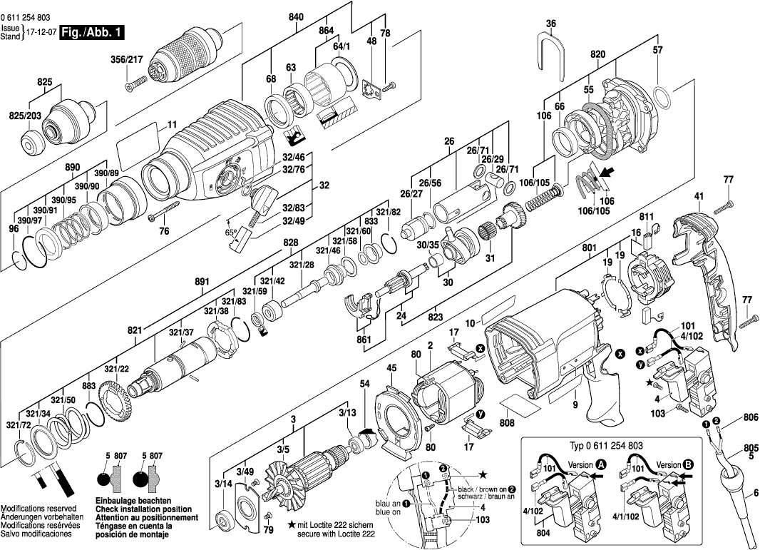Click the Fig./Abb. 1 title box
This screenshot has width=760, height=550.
click(x=93, y=32)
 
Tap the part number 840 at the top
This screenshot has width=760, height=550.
click(x=296, y=16)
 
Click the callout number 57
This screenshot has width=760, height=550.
click(x=657, y=50)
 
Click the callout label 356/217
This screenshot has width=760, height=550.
click(x=127, y=59)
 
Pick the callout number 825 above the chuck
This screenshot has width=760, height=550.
click(x=46, y=83)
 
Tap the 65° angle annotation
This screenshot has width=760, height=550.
click(x=232, y=233)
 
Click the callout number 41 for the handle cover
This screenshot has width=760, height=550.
click(x=699, y=195)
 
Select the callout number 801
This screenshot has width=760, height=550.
click(x=589, y=250)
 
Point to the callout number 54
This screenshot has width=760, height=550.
click(x=365, y=385)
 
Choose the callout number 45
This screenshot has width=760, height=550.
click(x=391, y=368)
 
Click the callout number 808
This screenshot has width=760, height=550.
click(x=508, y=422)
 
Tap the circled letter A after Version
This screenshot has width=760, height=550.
click(x=601, y=464)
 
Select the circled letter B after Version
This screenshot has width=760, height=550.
click(x=688, y=464)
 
